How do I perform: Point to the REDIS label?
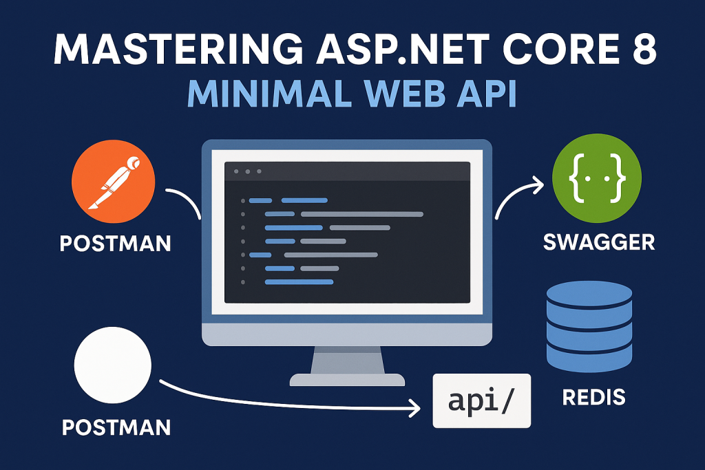[x=593, y=397]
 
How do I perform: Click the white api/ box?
[x=481, y=400]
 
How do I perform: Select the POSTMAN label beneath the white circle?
[x=116, y=427]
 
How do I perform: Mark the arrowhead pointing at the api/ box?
[x=415, y=409]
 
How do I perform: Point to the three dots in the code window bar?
[x=248, y=171]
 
